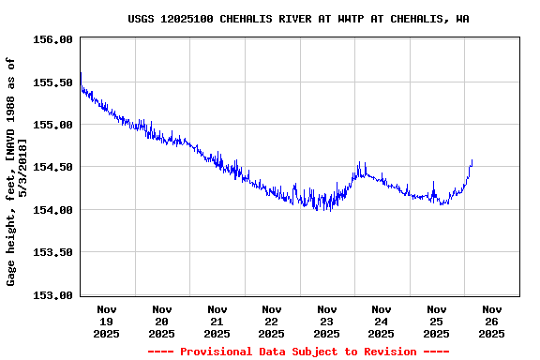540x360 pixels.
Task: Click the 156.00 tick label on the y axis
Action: tap(52, 39)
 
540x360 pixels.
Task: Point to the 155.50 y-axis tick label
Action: tap(52, 82)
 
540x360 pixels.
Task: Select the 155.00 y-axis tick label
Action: tap(52, 125)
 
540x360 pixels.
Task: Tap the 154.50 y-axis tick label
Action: tap(52, 167)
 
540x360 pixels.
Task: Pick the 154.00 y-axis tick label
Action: tap(52, 210)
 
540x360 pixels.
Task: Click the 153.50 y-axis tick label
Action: tap(52, 252)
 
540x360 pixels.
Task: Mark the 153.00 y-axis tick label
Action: tap(52, 294)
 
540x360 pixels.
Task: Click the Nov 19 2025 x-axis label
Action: tap(107, 321)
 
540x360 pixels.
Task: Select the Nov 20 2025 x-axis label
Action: tap(161, 321)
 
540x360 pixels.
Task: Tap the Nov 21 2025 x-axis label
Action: tap(217, 321)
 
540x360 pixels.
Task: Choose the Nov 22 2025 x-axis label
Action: tap(271, 321)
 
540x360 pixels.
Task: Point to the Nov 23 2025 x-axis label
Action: tap(326, 321)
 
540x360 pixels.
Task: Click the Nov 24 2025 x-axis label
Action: tap(381, 321)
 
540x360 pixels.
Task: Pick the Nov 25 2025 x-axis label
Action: tap(436, 321)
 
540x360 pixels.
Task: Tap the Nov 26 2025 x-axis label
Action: tap(491, 321)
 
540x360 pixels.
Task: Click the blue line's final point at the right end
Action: tap(472, 160)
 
